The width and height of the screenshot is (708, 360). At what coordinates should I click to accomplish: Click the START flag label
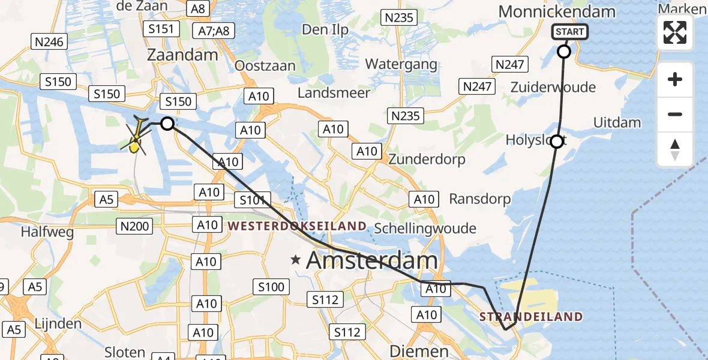click(570, 32)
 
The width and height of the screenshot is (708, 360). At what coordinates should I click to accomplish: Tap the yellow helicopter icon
click(137, 136)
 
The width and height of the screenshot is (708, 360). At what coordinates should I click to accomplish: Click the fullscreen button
click(675, 32)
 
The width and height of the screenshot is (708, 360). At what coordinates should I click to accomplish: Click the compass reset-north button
click(675, 149)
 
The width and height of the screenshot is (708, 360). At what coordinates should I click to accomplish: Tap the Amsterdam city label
click(372, 260)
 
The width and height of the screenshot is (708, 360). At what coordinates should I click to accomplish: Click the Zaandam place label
click(183, 55)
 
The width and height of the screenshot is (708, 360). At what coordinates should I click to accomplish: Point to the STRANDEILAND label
click(530, 316)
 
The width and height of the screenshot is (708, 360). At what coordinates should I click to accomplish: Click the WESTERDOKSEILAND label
click(297, 226)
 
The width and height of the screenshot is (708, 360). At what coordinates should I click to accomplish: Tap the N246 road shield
click(49, 41)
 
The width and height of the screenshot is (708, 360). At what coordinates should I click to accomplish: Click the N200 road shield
click(136, 226)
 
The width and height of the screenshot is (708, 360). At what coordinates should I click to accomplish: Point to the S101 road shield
click(255, 200)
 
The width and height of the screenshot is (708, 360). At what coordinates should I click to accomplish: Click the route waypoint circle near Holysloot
click(557, 142)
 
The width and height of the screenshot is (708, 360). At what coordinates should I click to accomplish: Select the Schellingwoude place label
click(425, 228)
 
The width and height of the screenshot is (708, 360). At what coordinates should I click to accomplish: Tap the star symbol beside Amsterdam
click(296, 260)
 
